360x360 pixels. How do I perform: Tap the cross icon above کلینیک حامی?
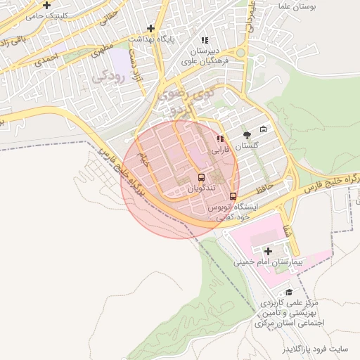click(46, 5)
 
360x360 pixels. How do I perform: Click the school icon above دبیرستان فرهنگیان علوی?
click(205, 41)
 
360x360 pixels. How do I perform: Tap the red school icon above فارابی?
click(221, 139)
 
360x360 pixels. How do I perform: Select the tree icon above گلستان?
click(247, 134)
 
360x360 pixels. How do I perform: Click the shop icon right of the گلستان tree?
click(264, 129)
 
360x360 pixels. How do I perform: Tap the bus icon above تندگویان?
click(201, 177)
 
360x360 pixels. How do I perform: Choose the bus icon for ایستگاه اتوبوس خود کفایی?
click(233, 196)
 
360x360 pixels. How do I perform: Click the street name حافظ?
click(264, 188)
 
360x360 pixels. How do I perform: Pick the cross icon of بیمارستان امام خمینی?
click(267, 250)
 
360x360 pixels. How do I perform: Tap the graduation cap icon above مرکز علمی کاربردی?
click(288, 292)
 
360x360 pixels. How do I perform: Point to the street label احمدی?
click(46, 59)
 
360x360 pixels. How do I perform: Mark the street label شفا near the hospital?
click(286, 229)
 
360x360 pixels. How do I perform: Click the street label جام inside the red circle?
click(144, 161)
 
